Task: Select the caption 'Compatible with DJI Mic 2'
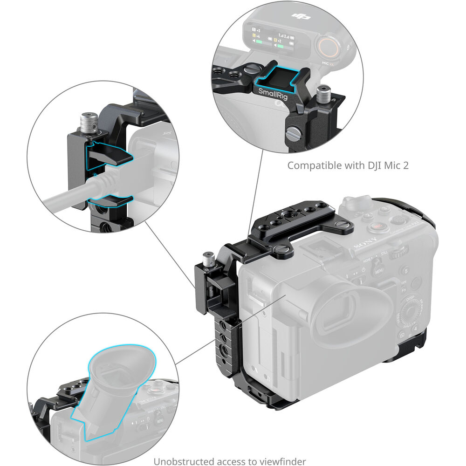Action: click(348, 165)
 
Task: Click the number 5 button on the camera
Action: click(406, 270)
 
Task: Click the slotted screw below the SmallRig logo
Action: click(294, 135)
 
